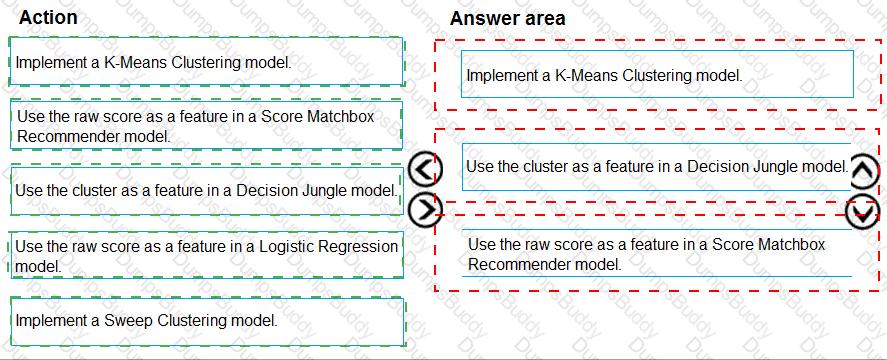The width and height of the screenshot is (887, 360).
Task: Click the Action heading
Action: (x=48, y=17)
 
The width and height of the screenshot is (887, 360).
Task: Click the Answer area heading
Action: (x=507, y=18)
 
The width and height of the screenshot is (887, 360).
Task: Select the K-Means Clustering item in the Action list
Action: (x=206, y=63)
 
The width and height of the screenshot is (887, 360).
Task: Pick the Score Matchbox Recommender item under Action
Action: (x=206, y=125)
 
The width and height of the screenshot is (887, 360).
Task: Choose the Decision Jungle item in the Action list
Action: (x=206, y=190)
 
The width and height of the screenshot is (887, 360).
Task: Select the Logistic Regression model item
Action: (x=206, y=255)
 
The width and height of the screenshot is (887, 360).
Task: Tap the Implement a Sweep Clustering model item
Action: (x=206, y=320)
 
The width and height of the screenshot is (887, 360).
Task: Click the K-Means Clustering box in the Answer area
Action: (x=657, y=75)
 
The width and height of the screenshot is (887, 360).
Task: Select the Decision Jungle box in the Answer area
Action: (x=657, y=166)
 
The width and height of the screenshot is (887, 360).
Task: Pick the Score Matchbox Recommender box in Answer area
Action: (x=657, y=254)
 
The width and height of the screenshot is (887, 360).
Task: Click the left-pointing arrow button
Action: (x=427, y=171)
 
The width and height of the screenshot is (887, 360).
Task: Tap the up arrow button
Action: (x=864, y=171)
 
